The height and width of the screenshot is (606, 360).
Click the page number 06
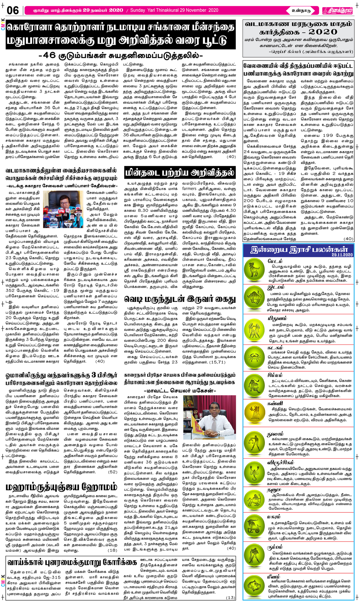point(13,10)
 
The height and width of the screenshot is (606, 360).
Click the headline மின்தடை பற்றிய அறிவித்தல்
point(180,173)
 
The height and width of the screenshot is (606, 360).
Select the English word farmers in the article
point(189,188)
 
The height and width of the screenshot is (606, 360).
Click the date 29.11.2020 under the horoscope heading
point(342,254)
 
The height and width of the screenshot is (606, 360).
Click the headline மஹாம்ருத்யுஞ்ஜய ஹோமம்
point(61,487)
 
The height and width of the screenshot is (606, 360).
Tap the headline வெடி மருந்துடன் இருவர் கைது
point(180,299)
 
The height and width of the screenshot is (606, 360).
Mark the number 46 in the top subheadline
point(50,55)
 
